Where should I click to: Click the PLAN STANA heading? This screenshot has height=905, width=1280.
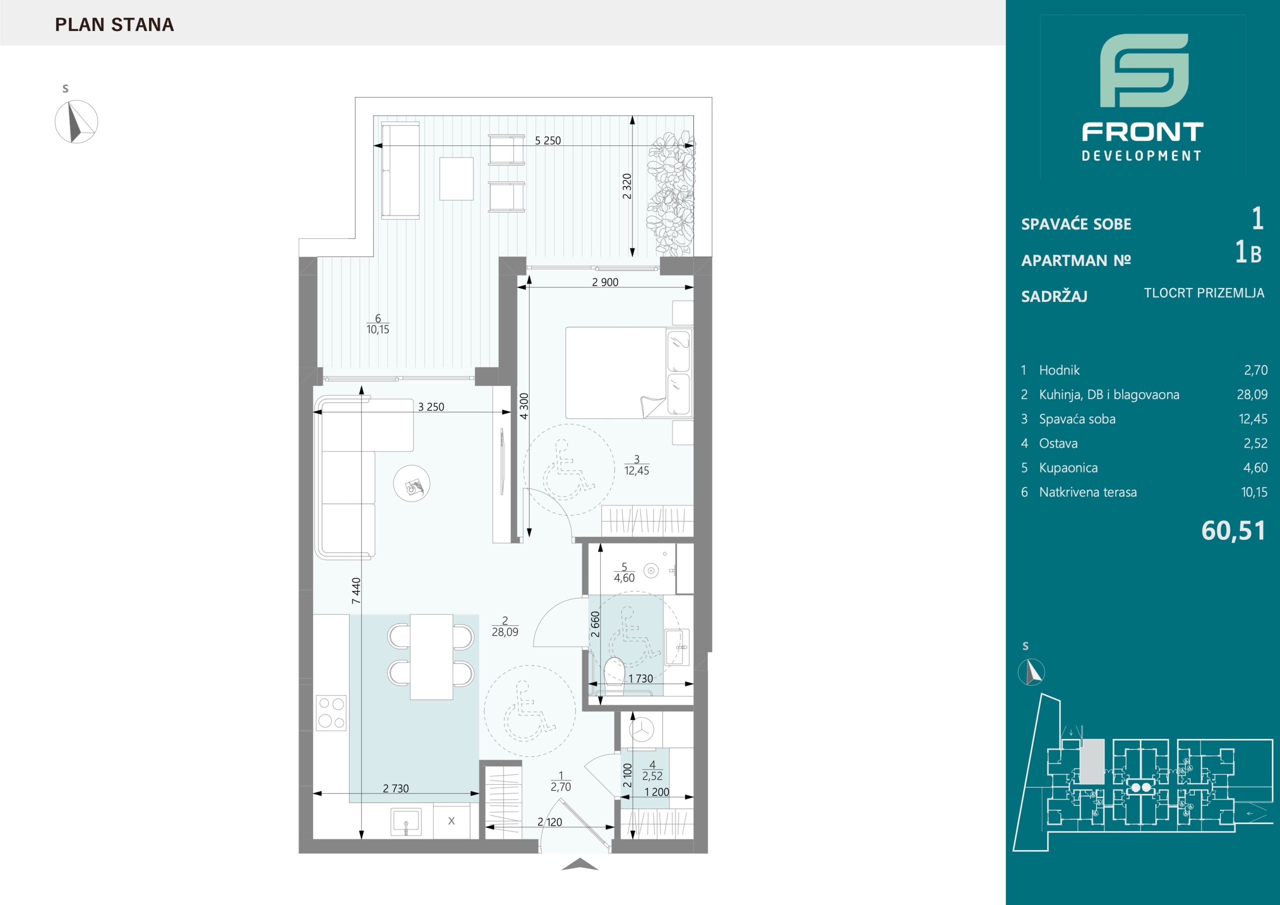click(x=114, y=24)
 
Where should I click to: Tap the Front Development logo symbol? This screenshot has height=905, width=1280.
click(x=1144, y=78)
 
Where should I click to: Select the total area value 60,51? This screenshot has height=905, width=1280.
click(x=1233, y=531)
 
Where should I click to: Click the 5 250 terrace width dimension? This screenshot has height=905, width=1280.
click(x=547, y=140)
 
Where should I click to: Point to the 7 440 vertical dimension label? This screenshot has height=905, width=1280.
click(x=356, y=590)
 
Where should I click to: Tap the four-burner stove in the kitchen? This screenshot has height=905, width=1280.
click(x=331, y=712)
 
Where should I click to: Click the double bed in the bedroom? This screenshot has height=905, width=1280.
click(x=629, y=372)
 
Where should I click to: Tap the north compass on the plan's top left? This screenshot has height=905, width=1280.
click(x=76, y=121)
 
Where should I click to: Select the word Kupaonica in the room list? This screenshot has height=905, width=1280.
click(x=1068, y=468)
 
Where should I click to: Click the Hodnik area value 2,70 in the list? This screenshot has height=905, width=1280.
click(x=1255, y=370)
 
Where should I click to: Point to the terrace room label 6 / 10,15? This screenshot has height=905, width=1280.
click(x=378, y=324)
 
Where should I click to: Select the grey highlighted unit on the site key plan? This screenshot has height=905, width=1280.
click(x=1092, y=760)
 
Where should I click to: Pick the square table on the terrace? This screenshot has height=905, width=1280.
click(x=456, y=178)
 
